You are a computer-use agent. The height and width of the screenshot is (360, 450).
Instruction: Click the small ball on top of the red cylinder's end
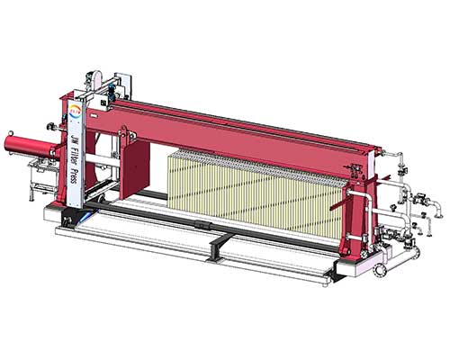point(11,132)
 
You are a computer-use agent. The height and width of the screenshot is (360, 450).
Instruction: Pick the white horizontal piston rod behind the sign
point(103,160)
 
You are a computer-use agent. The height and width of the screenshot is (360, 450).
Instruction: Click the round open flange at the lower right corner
point(379,270)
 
